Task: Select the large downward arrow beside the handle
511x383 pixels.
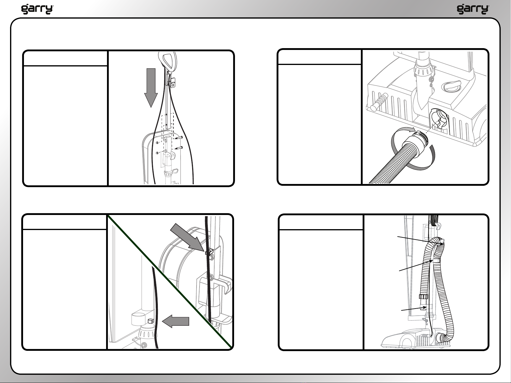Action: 151,88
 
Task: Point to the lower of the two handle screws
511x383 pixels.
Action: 179,148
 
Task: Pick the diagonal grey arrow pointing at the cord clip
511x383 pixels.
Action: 187,237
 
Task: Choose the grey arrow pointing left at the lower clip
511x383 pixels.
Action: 176,321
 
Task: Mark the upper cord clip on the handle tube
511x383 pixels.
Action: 209,252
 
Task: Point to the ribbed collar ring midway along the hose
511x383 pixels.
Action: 424,296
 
